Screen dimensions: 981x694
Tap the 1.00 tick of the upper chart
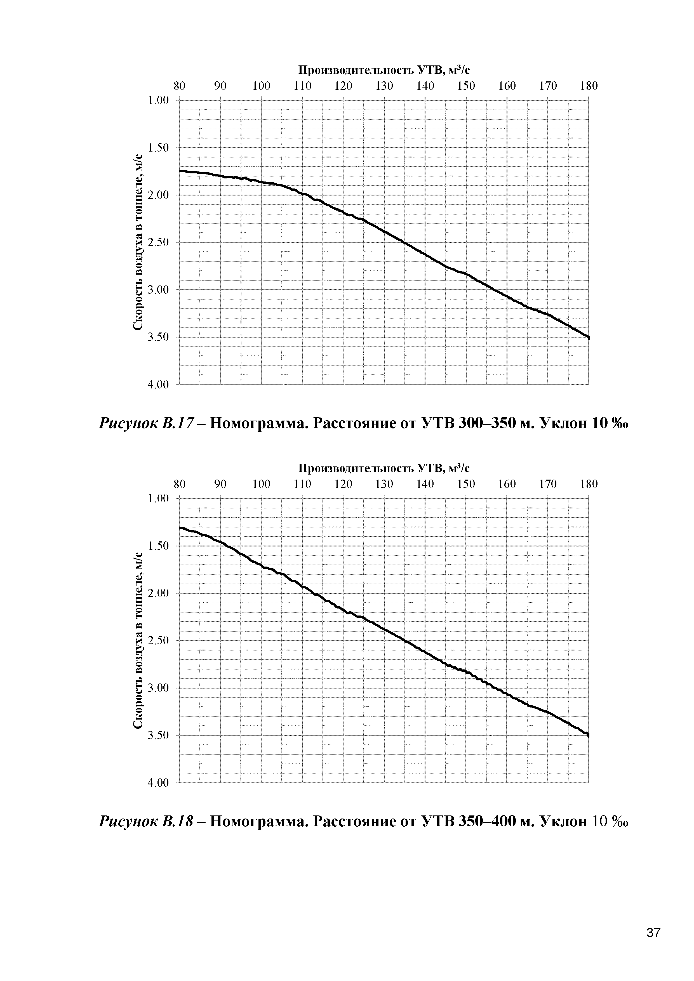click(x=158, y=100)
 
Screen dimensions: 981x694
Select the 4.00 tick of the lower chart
click(x=158, y=783)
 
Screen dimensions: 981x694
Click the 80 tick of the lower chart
click(x=180, y=484)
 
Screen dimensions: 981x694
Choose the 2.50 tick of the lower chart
click(x=158, y=640)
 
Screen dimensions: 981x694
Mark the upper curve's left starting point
click(x=180, y=171)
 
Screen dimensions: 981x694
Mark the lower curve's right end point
click(x=589, y=735)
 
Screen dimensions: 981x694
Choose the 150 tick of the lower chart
click(x=466, y=484)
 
